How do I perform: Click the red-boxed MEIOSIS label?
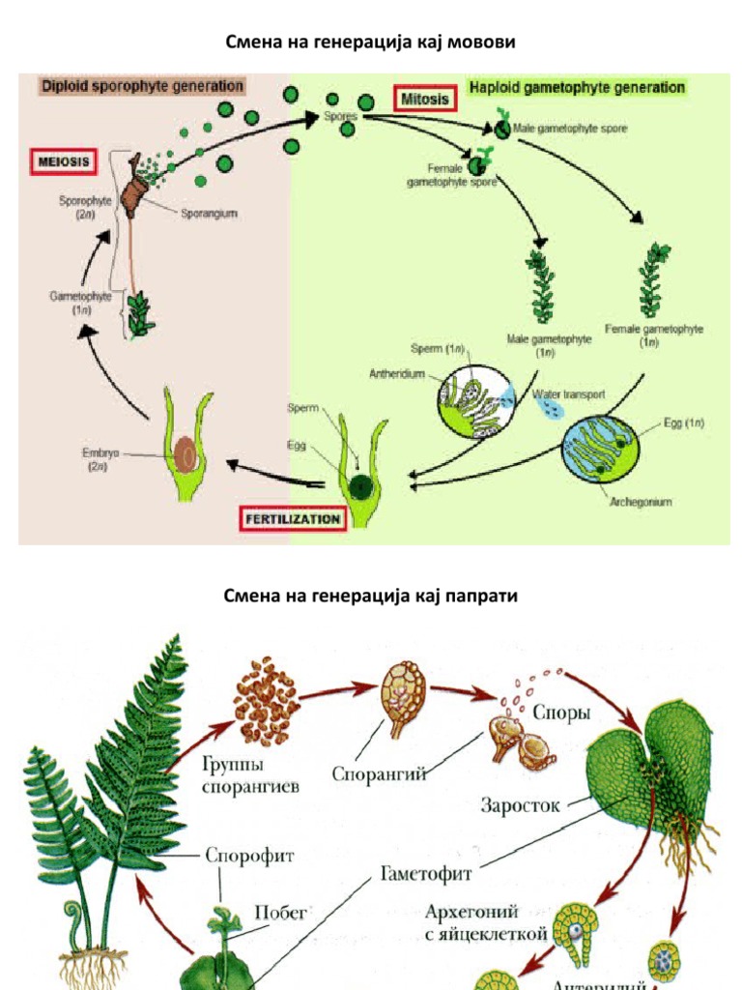(66, 161)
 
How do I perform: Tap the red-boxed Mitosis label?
(425, 99)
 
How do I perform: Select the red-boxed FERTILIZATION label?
(291, 519)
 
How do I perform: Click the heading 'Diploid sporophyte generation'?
(142, 86)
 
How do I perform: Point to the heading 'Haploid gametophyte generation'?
(577, 87)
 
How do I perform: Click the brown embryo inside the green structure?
(185, 451)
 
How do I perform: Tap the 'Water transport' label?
(569, 394)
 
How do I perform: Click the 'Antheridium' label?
(397, 374)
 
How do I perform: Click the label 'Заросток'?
(520, 804)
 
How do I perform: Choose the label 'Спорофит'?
(249, 855)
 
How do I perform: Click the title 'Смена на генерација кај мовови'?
(371, 42)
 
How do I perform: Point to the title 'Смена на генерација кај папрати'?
(371, 597)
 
